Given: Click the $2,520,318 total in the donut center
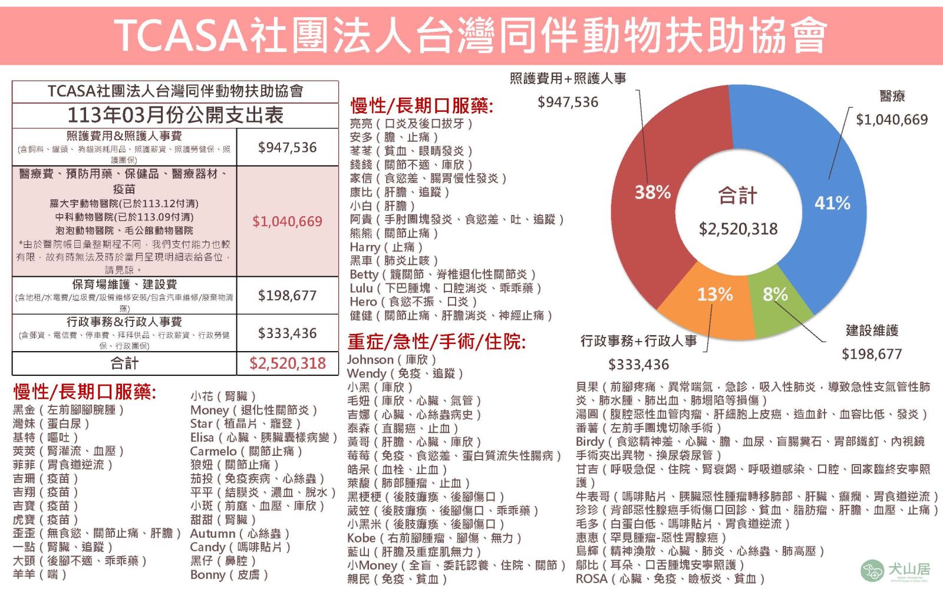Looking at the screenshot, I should click(x=738, y=229).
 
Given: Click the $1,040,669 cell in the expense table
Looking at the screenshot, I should click(x=287, y=221).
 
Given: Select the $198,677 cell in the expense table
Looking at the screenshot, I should click(x=287, y=295).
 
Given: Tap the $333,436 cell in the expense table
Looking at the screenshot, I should click(x=287, y=333).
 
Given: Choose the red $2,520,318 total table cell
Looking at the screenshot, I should click(x=287, y=363).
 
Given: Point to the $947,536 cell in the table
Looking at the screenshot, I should click(x=287, y=147).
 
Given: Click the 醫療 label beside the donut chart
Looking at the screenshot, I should click(x=892, y=96).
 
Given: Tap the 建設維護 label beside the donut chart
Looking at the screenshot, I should click(x=872, y=330).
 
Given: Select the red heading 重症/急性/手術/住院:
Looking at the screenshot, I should click(x=436, y=342).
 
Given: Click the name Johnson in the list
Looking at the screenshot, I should click(x=370, y=359).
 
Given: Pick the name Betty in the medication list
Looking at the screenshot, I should click(x=364, y=274).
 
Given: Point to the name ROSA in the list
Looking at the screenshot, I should click(x=591, y=578).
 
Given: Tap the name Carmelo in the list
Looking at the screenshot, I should click(x=213, y=451).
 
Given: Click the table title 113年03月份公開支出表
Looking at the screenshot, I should click(x=175, y=115).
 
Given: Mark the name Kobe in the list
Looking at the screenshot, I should click(x=361, y=538).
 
